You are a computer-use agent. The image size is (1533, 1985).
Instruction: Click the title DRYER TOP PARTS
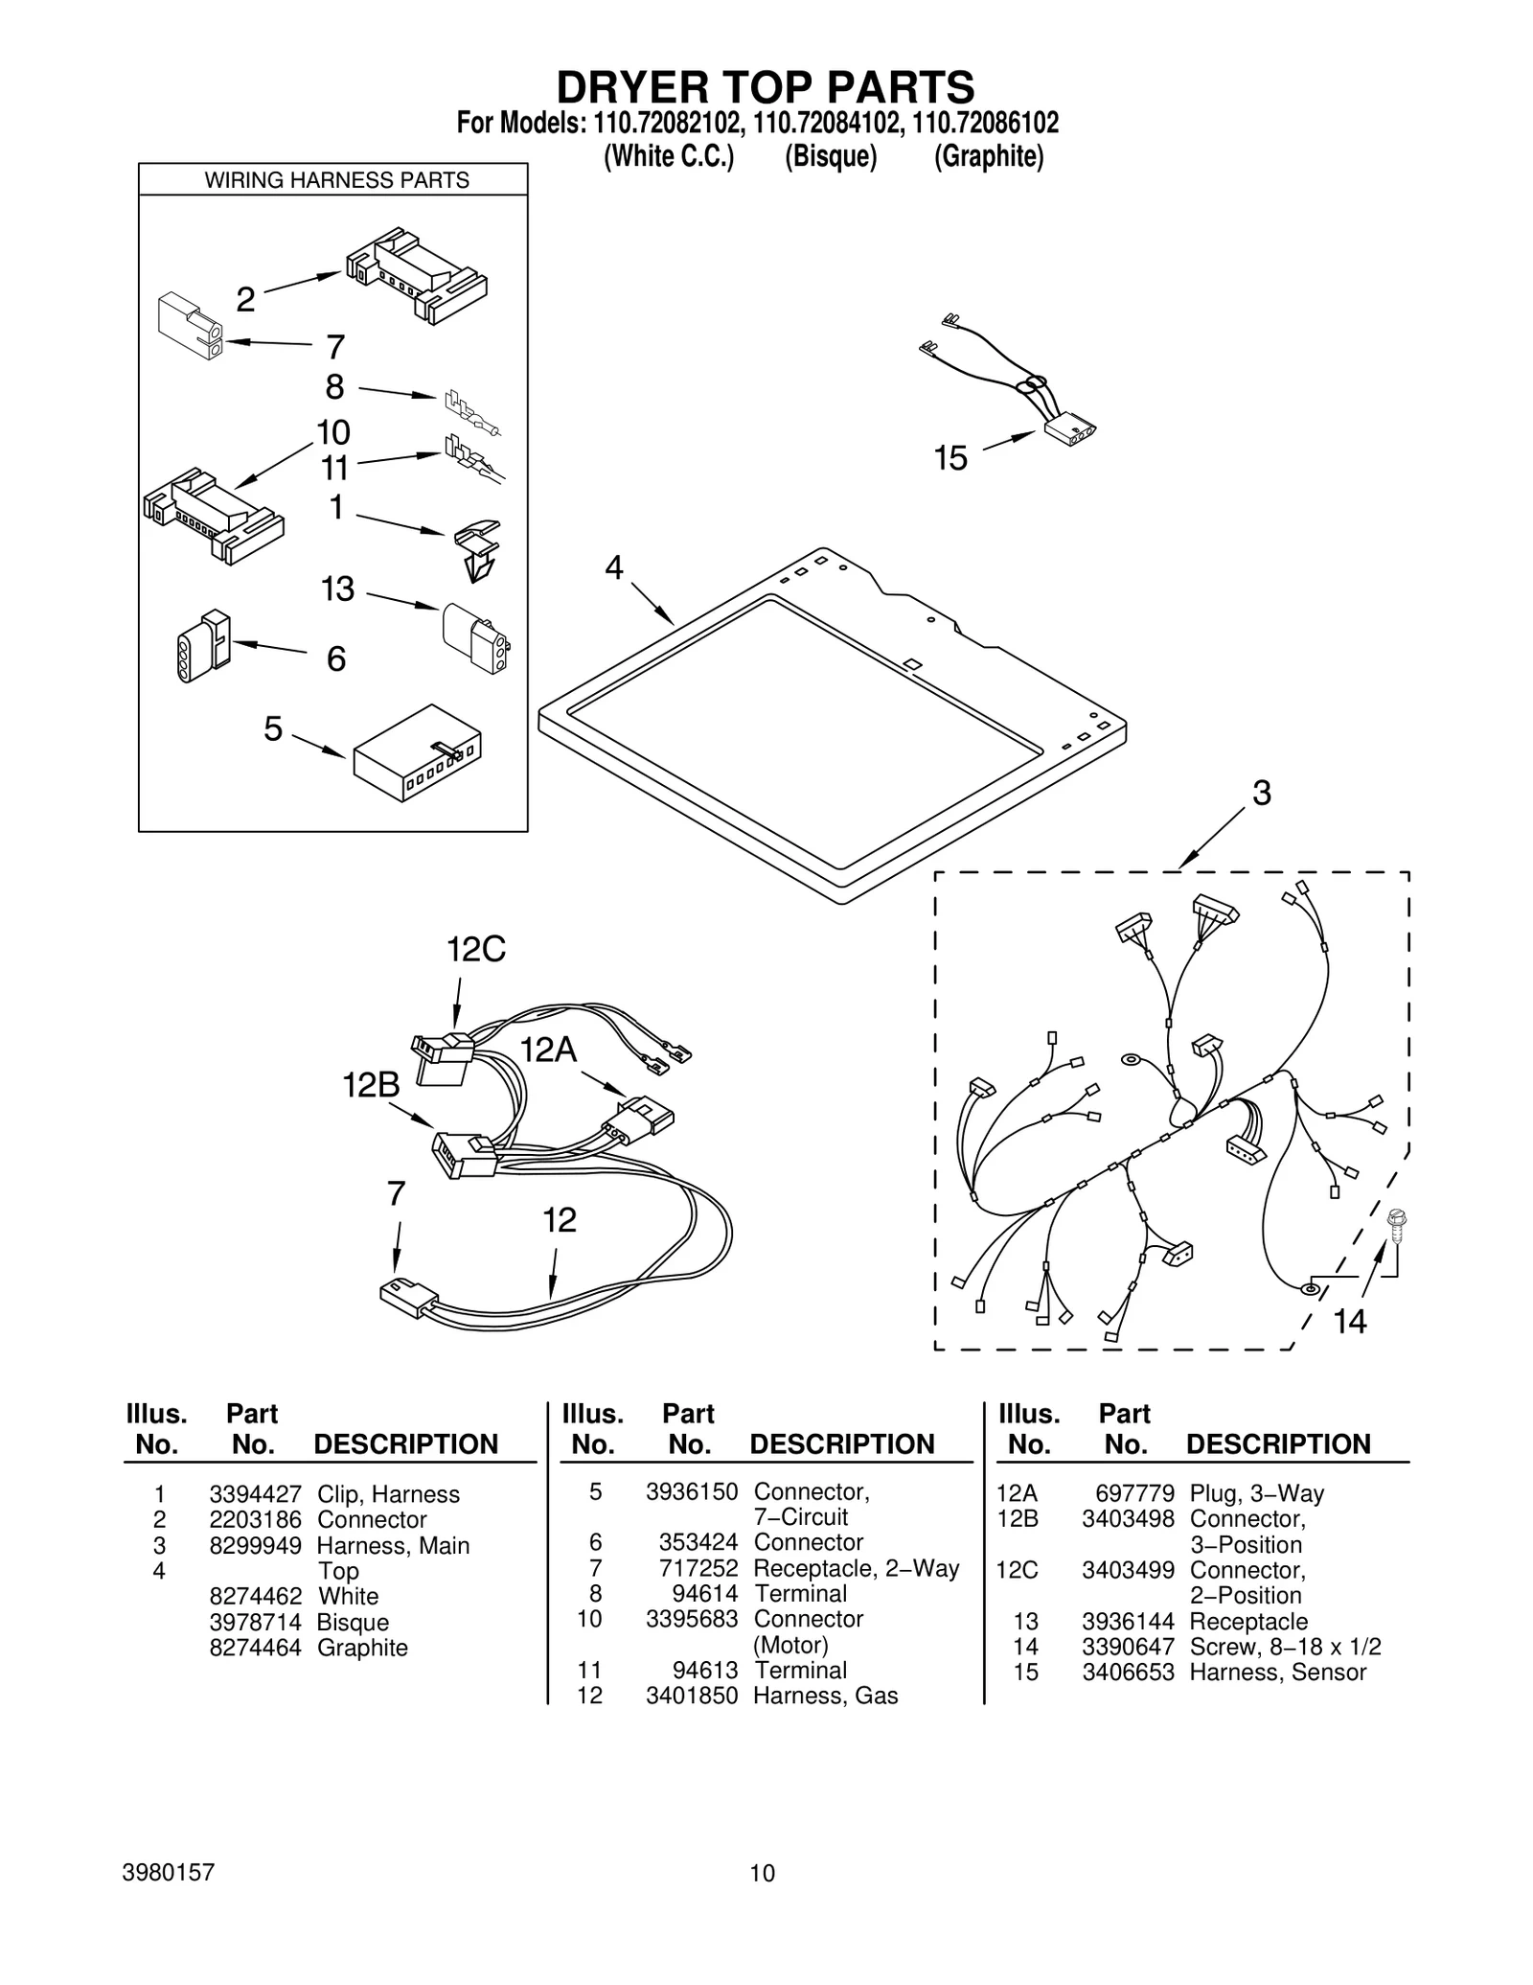click(766, 87)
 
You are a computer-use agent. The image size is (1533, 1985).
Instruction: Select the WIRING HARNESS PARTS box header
click(336, 180)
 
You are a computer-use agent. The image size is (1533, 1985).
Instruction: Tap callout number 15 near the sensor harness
click(950, 459)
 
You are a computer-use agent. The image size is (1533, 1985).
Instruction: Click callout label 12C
click(476, 950)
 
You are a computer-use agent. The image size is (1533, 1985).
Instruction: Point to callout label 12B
click(371, 1086)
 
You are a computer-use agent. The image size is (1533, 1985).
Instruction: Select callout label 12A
click(548, 1051)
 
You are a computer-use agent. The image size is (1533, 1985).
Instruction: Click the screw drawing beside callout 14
click(1396, 1226)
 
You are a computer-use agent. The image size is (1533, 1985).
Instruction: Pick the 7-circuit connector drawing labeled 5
click(417, 752)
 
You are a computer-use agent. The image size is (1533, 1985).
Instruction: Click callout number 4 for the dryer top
click(613, 568)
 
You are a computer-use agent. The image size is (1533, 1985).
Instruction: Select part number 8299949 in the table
click(255, 1546)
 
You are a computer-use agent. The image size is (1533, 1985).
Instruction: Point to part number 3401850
click(692, 1696)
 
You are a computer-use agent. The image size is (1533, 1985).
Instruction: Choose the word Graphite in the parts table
click(362, 1648)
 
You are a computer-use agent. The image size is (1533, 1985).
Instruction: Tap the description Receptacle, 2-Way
click(856, 1568)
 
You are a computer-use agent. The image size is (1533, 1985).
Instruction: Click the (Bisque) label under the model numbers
click(831, 156)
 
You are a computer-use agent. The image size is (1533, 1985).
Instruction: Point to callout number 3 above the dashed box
click(1262, 794)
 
